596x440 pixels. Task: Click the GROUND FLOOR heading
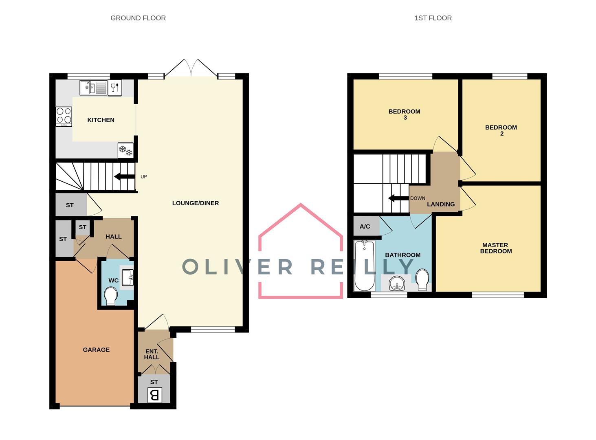(x=138, y=18)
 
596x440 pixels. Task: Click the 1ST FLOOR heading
(x=433, y=18)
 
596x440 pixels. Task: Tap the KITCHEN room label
(x=101, y=120)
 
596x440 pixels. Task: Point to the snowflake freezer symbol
(x=125, y=150)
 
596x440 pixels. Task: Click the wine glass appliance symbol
(x=115, y=88)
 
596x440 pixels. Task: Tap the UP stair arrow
(x=125, y=177)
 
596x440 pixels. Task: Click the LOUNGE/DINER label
(x=196, y=203)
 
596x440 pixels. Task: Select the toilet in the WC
(x=110, y=296)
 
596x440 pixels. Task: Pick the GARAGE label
(x=96, y=350)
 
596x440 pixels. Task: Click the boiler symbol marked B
(x=154, y=395)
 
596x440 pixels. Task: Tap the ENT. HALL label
(x=152, y=354)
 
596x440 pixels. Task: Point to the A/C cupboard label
(x=365, y=227)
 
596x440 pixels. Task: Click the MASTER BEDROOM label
(x=495, y=248)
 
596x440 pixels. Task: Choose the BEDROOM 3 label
(x=404, y=114)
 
